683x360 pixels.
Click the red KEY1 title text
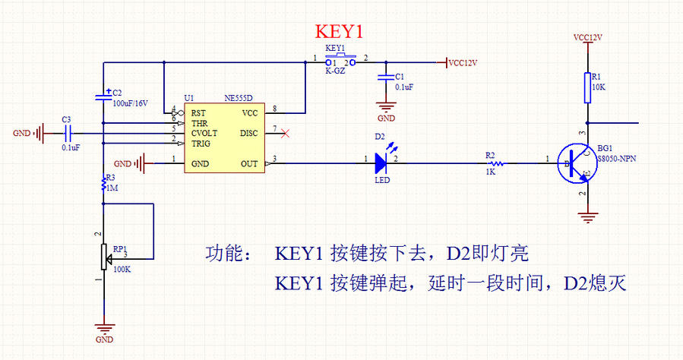coord(340,33)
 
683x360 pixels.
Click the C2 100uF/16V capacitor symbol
coord(103,96)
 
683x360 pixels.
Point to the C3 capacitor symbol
coord(66,134)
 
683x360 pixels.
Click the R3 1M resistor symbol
coord(103,183)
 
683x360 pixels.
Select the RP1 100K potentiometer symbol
coord(103,256)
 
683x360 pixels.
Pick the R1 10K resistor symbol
coord(587,83)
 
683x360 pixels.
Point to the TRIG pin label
coord(201,143)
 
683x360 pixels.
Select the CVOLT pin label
coord(205,132)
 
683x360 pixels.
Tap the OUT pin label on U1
coord(248,163)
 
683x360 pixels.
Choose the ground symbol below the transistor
coord(587,217)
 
